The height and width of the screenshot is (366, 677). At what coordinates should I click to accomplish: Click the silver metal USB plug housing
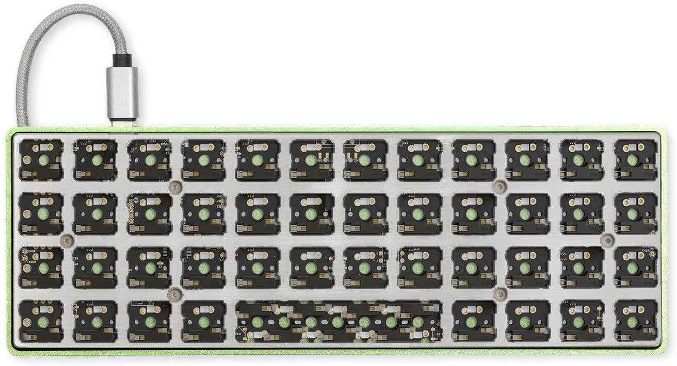[122, 93]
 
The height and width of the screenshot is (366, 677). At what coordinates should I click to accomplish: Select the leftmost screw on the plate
[66, 240]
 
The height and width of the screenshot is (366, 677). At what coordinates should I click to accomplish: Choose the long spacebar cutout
[338, 322]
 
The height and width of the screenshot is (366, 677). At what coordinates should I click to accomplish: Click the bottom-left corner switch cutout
[41, 321]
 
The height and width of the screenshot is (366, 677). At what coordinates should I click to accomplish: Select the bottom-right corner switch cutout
[635, 321]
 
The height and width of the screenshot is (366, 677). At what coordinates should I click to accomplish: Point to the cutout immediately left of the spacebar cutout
[203, 321]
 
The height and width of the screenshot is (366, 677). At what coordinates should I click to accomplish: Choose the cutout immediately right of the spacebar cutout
[473, 321]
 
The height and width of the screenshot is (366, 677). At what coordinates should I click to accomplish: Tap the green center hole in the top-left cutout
[43, 160]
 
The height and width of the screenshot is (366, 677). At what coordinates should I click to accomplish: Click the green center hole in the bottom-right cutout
[633, 322]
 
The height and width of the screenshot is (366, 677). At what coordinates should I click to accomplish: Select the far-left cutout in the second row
[41, 213]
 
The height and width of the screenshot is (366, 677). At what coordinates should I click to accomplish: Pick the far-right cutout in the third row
[635, 267]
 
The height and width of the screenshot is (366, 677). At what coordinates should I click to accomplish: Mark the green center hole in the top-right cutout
[633, 160]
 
